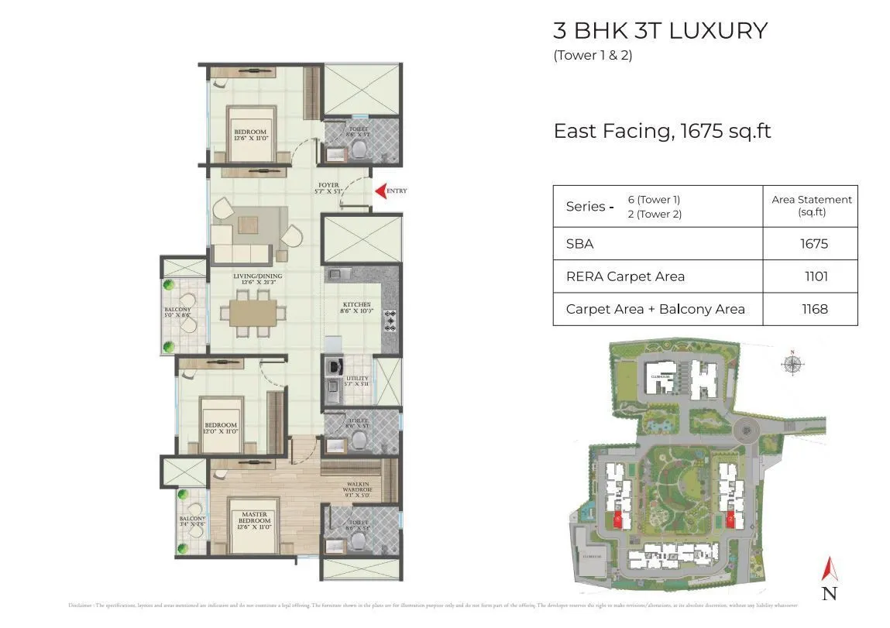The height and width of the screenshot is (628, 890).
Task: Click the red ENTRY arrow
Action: click(380, 190)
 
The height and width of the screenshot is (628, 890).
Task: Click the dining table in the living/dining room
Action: click(248, 312)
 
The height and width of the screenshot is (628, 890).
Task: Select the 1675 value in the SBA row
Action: click(814, 244)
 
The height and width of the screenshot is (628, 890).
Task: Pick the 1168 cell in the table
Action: click(814, 309)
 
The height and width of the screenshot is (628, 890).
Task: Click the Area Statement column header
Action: click(811, 205)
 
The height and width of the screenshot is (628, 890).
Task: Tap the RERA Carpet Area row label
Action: click(625, 276)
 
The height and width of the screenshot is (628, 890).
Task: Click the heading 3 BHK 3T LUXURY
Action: click(660, 31)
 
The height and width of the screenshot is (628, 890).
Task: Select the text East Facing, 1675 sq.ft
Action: click(661, 131)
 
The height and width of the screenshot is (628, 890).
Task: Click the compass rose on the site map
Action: click(792, 364)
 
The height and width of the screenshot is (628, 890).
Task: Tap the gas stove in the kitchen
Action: click(391, 321)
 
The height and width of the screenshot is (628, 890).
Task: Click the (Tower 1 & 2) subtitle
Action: click(593, 55)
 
